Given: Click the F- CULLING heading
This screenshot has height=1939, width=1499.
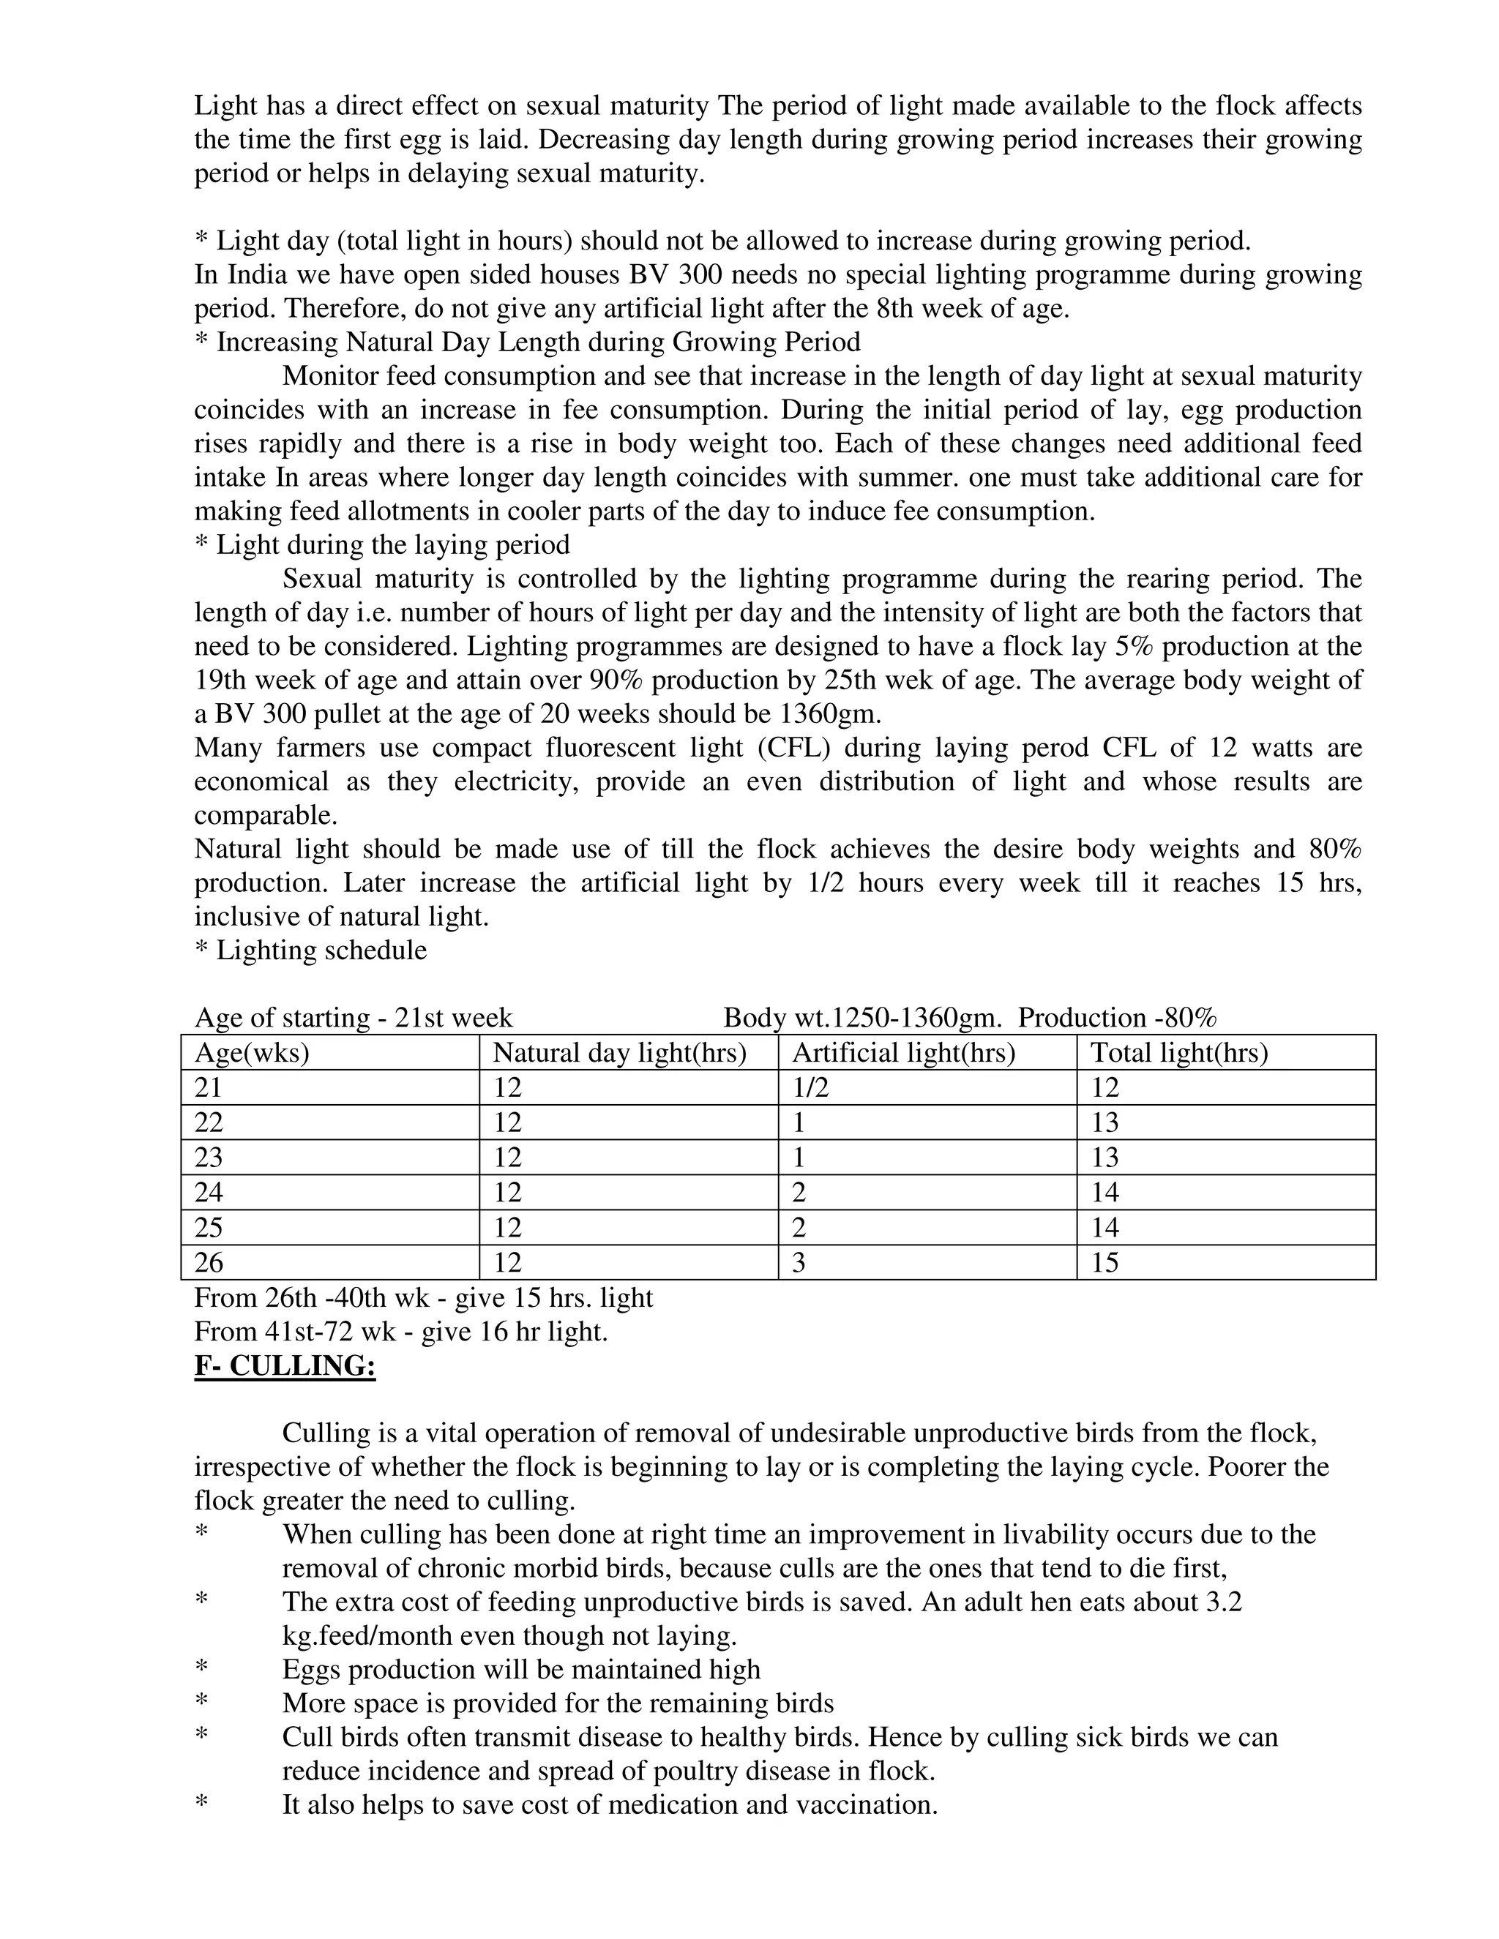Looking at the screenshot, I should [x=285, y=1365].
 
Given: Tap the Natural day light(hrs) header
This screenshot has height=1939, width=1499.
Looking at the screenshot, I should [x=619, y=1053].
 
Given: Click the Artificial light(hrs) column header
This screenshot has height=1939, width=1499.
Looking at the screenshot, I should [x=903, y=1053].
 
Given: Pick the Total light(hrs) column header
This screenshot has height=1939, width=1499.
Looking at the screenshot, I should [x=1178, y=1053].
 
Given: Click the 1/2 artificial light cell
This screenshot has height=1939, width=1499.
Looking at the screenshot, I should [x=810, y=1087].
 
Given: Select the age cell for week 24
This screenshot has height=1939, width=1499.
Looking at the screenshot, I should [x=209, y=1193].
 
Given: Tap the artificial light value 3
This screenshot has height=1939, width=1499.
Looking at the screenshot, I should [x=799, y=1262].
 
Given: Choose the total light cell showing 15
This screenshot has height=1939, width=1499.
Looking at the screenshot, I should [x=1104, y=1262].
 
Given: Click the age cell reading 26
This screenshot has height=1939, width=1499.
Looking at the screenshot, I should [x=209, y=1262].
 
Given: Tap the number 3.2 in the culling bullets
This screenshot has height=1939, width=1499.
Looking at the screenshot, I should [x=1222, y=1602].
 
